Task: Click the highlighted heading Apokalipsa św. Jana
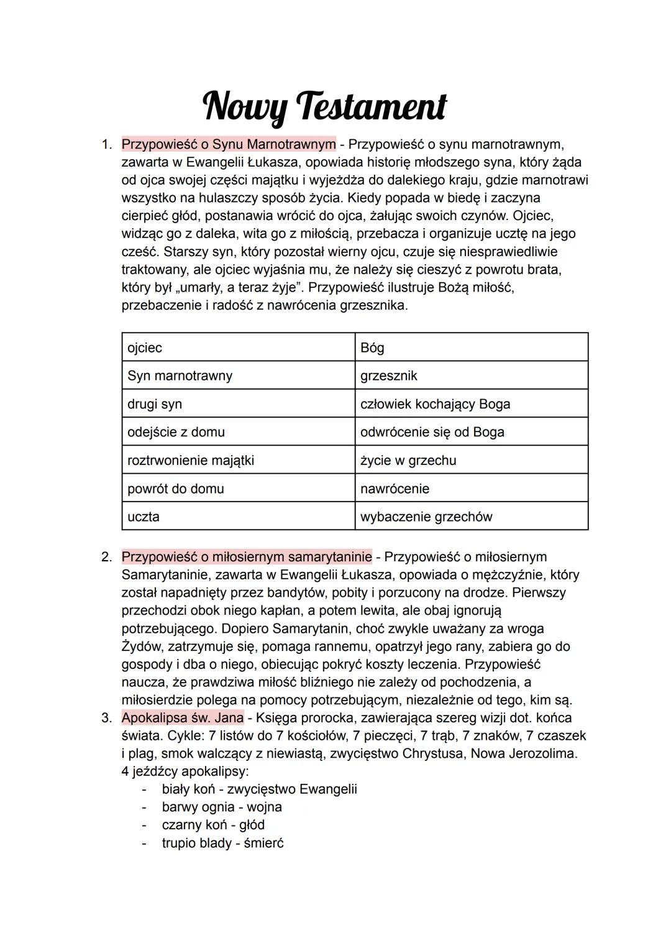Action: (x=182, y=717)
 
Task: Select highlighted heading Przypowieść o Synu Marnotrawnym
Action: (x=228, y=144)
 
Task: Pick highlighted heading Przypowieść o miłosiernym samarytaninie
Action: (x=246, y=556)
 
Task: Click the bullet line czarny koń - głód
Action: (x=213, y=825)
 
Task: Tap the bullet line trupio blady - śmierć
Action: (x=222, y=843)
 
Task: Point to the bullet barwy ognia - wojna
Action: (x=221, y=807)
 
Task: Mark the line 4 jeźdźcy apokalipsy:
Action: (x=185, y=771)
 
